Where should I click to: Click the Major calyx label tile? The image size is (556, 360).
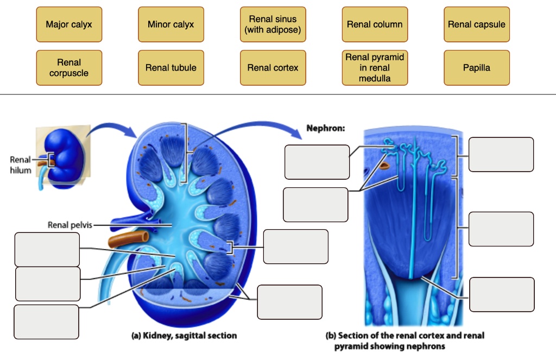pos(69,24)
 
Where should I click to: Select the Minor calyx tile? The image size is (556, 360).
pos(170,24)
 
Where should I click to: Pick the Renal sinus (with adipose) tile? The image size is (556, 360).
pos(273,24)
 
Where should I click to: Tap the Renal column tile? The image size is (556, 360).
pos(375,24)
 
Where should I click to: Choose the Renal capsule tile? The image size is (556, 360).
pos(476,24)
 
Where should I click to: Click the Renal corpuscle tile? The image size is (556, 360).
pos(69,68)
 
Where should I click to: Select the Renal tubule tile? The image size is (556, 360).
pos(170,68)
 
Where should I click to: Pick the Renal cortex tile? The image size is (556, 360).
pos(273,68)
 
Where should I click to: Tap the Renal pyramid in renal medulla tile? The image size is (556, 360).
pos(375,68)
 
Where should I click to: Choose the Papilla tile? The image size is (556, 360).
pos(476,68)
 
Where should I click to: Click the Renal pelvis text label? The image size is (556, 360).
pos(69,225)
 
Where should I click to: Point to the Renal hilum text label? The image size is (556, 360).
pos(20,165)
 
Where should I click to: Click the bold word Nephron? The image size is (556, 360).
pos(325,129)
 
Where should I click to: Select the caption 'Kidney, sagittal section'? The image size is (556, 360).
pos(185,336)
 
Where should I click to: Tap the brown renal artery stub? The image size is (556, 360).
pos(129,238)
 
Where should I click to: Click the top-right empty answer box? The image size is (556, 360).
pos(501,154)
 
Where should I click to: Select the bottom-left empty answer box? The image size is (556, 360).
pos(47,322)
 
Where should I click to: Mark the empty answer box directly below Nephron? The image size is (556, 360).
pos(317,162)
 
